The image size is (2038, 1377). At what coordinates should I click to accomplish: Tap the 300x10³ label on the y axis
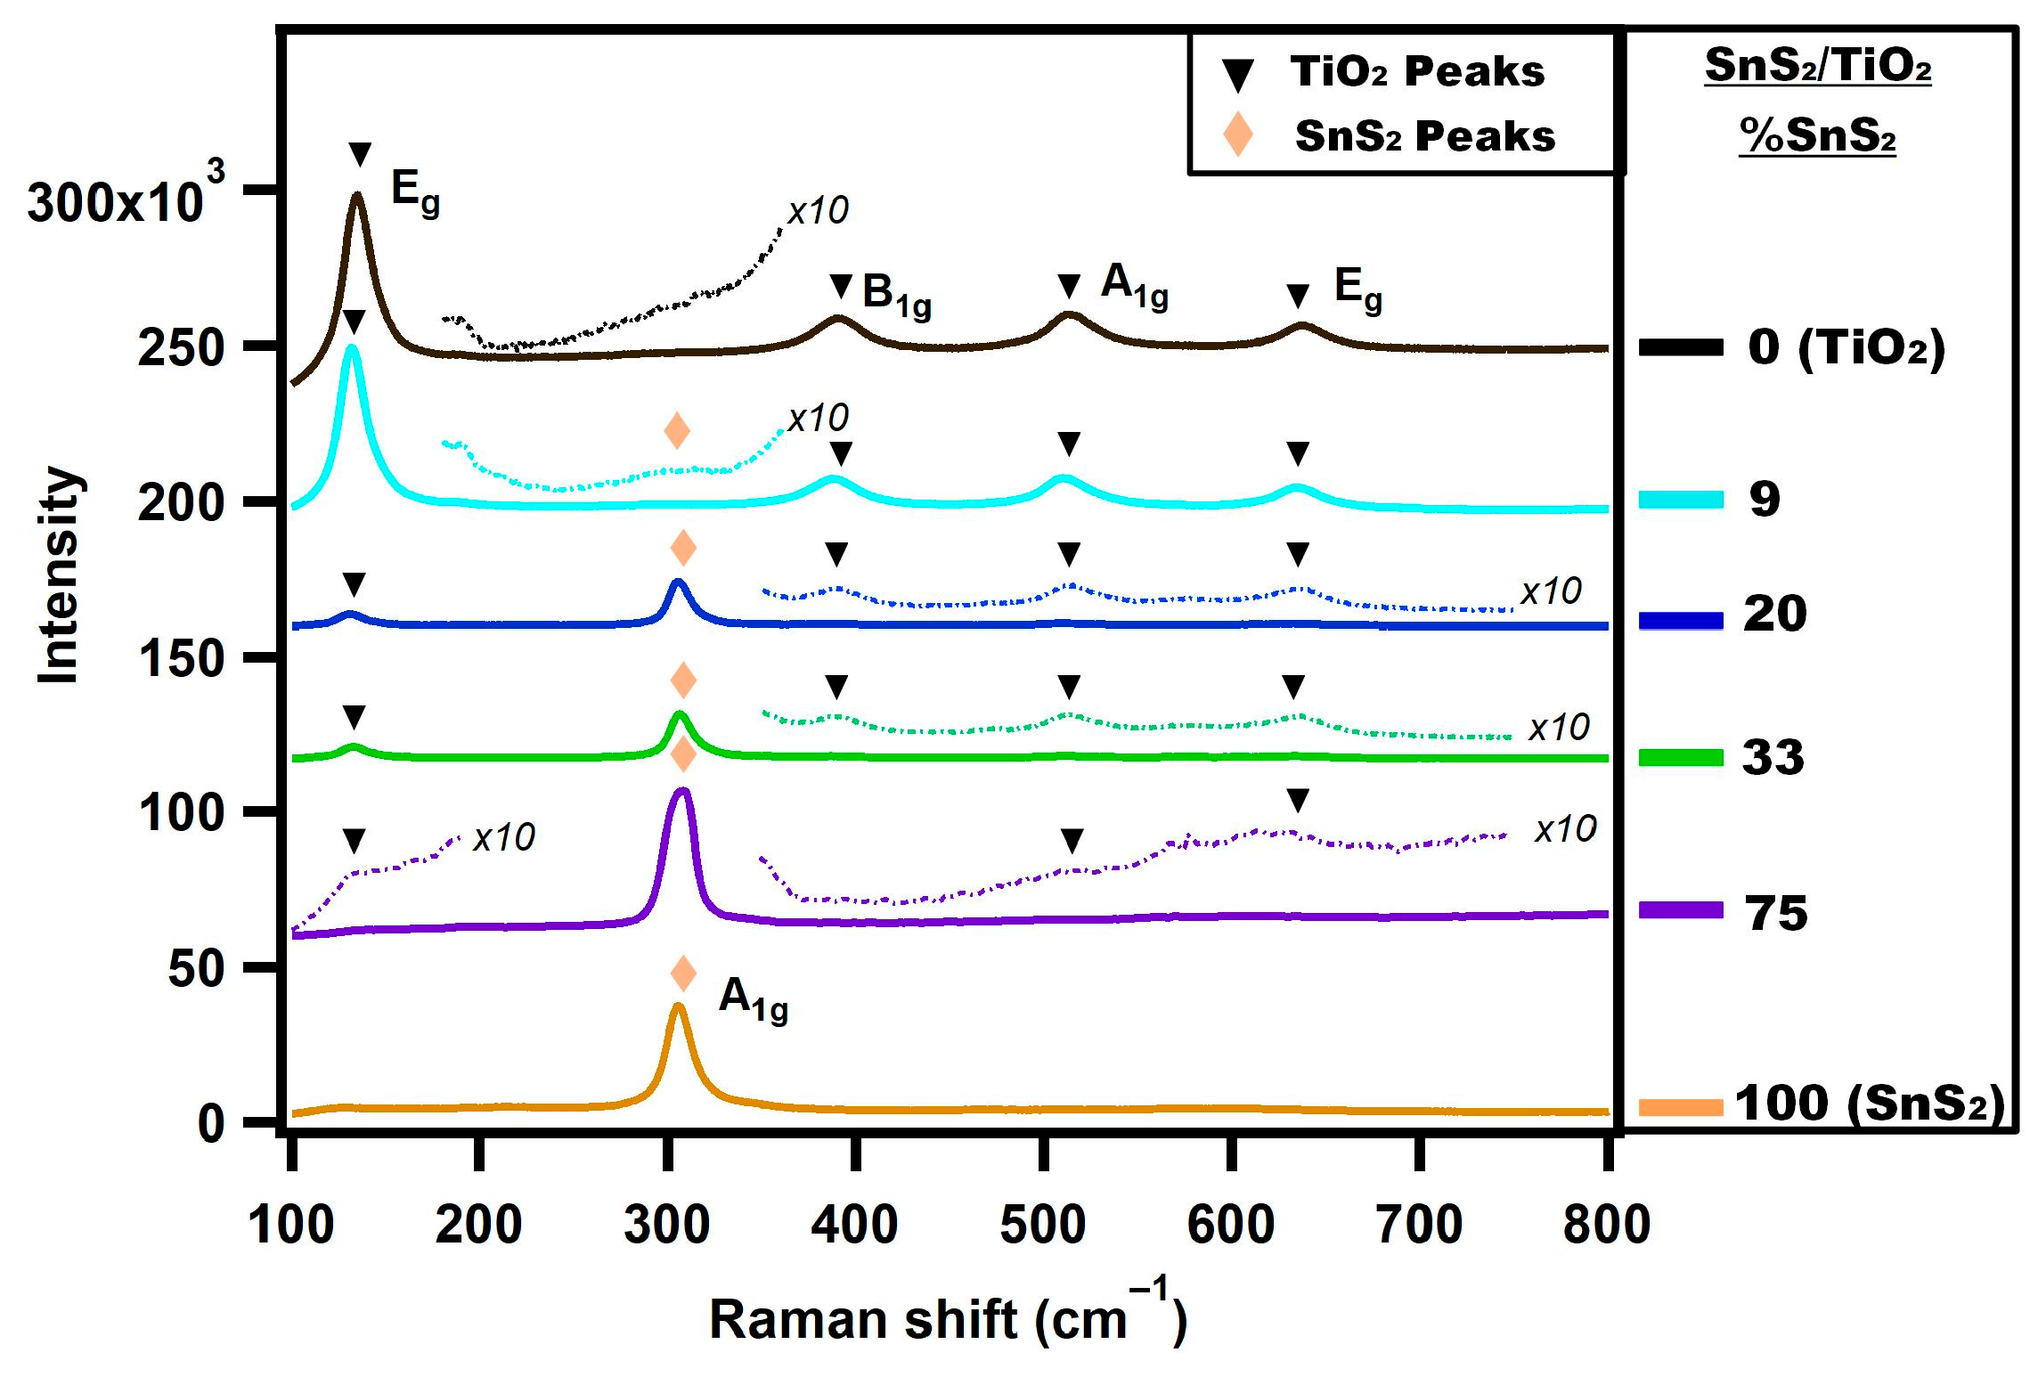point(125,198)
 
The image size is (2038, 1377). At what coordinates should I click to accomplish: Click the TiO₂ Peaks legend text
point(1417,71)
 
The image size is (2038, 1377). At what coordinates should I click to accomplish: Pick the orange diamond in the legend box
point(1237,134)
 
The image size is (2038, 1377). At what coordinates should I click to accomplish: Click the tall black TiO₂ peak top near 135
point(357,197)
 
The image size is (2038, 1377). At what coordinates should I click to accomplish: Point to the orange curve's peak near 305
point(678,1007)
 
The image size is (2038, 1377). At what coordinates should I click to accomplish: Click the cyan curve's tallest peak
point(352,349)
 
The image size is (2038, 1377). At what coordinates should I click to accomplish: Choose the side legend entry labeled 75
point(1776,913)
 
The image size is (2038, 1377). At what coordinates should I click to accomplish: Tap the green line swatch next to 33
point(1680,758)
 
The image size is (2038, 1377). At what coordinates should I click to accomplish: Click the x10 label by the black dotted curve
point(818,211)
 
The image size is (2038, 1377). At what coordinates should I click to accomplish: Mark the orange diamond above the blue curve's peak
point(683,548)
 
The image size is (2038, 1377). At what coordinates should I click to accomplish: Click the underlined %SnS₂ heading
point(1817,135)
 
